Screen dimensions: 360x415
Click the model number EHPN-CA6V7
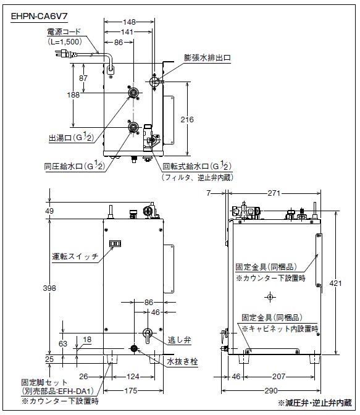(x=39, y=17)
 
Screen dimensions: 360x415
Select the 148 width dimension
(x=129, y=22)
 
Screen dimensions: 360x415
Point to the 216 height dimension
(x=187, y=120)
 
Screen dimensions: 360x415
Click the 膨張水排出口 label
(x=207, y=57)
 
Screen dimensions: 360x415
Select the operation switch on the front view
(x=115, y=243)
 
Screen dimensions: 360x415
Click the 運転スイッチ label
(x=75, y=256)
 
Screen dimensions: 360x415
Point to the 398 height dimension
(x=49, y=288)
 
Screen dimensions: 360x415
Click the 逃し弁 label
(x=180, y=340)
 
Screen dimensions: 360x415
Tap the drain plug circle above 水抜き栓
(x=134, y=348)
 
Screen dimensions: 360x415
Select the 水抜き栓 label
(x=182, y=361)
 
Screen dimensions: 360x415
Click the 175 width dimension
(x=131, y=391)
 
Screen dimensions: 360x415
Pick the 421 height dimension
(x=335, y=283)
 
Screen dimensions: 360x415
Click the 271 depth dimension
(x=274, y=193)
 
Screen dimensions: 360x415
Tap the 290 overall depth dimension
(x=271, y=391)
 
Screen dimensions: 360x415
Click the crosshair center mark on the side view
(x=270, y=297)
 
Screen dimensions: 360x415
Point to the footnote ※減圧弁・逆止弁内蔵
(x=315, y=403)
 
